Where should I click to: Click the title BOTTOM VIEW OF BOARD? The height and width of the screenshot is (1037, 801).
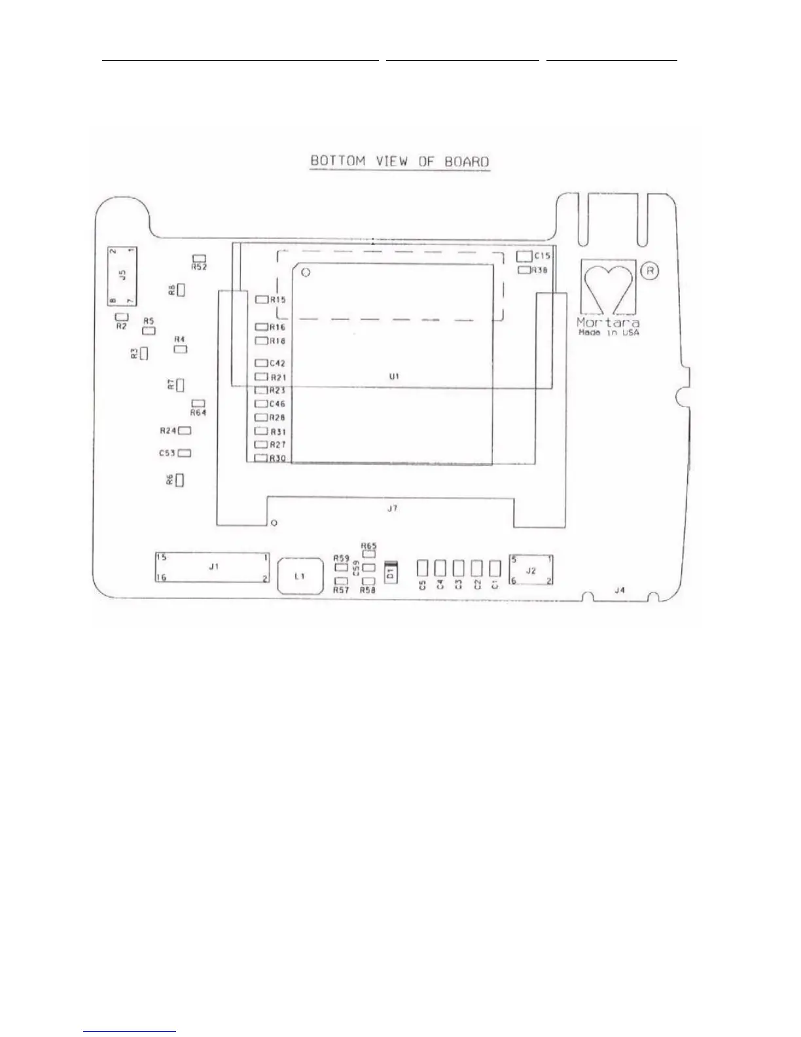[400, 161]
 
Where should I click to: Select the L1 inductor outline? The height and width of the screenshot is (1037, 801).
[300, 576]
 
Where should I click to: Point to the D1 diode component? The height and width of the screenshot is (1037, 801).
[391, 573]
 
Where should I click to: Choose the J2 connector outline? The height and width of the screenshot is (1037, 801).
[531, 570]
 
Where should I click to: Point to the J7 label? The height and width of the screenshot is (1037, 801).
[391, 508]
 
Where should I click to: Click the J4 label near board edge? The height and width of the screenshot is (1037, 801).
[620, 590]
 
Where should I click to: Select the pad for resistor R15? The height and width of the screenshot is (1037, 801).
[262, 299]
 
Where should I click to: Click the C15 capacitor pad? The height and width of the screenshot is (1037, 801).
[524, 256]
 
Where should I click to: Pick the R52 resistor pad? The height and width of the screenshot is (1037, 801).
[200, 259]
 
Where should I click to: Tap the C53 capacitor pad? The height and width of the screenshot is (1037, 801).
[185, 453]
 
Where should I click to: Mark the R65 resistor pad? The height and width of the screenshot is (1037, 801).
[368, 555]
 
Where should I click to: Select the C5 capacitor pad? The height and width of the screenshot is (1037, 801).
[423, 567]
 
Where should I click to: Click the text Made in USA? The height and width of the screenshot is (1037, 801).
[609, 333]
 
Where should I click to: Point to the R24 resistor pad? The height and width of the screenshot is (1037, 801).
[185, 431]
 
